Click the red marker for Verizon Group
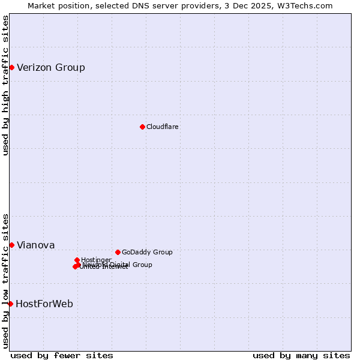tap(11, 67)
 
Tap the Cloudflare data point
tap(142, 127)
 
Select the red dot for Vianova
tap(11, 245)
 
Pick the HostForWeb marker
tap(10, 304)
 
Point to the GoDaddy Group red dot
tap(118, 252)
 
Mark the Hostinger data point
tap(77, 260)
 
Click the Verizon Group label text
tap(51, 67)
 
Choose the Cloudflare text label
tap(163, 127)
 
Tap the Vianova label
tap(36, 245)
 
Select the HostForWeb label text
tap(44, 304)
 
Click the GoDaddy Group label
tap(147, 252)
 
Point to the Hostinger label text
tap(97, 260)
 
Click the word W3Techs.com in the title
tap(307, 6)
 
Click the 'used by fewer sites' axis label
tap(62, 355)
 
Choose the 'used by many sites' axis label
tap(301, 355)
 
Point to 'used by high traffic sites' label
tap(6, 85)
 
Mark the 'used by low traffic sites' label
tap(6, 280)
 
